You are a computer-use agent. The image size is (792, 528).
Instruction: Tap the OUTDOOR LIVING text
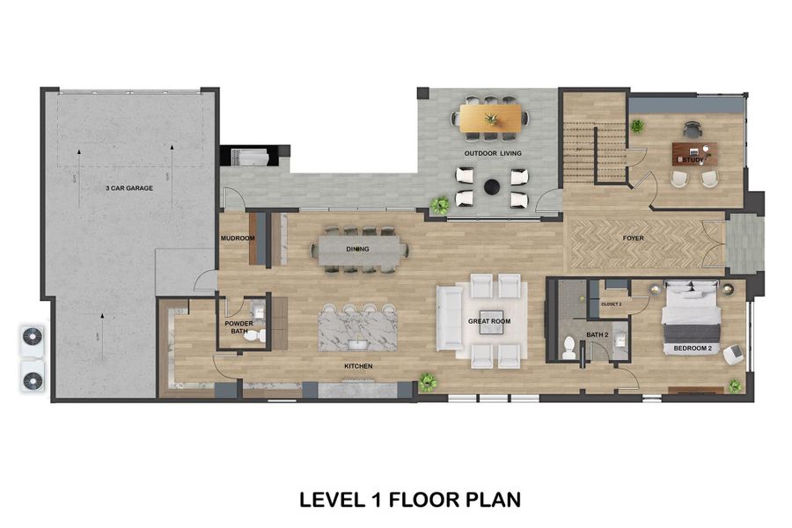493,153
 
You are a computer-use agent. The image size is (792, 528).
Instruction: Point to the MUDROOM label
237,238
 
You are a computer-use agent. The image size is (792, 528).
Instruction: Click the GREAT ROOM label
488,321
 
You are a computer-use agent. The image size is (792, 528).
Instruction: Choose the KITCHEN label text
358,365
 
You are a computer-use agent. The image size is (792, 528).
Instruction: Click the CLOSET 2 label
611,304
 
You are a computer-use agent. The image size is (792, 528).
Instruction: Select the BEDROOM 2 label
692,348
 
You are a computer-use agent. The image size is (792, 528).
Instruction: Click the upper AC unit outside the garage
32,337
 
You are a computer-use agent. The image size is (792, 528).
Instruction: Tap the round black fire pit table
493,187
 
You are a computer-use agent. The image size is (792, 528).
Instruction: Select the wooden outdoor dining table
492,117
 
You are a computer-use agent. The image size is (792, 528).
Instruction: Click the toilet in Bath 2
568,345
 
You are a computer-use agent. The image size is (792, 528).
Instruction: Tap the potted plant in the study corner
637,127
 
